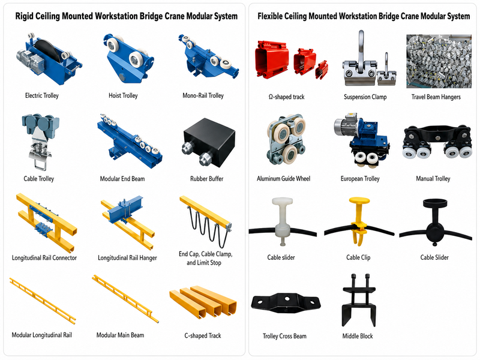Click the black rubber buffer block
point(209,143)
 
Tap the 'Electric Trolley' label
point(41,95)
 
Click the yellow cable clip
point(359,221)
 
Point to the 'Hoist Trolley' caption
point(123,95)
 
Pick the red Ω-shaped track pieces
point(291,61)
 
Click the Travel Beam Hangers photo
point(439,61)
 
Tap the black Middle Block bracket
point(359,301)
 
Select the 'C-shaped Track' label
point(203,335)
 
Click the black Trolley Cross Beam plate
point(286,302)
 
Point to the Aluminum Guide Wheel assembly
point(286,140)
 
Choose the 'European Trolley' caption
point(360,178)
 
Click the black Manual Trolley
point(437,141)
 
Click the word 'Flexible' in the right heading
point(270,16)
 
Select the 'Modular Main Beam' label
point(120,335)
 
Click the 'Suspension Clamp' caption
point(365,97)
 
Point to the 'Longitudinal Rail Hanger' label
point(127,258)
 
